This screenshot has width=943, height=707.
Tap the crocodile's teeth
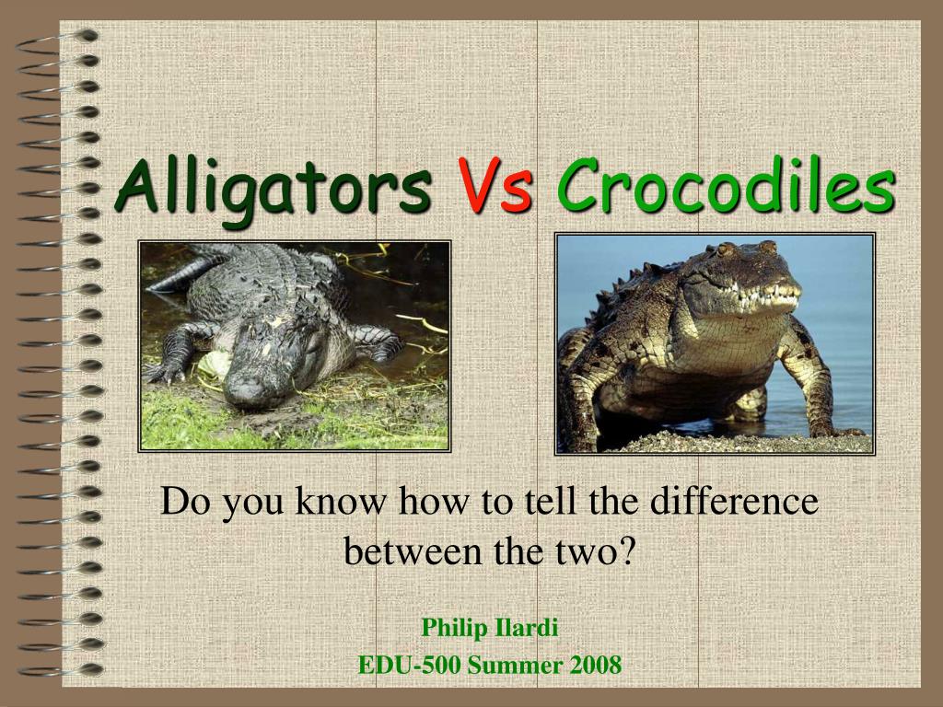(x=763, y=297)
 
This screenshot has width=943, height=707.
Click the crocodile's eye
(x=726, y=249)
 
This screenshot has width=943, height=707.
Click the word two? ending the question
(x=596, y=551)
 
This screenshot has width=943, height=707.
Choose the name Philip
(x=455, y=628)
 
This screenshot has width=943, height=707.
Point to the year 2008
(x=596, y=666)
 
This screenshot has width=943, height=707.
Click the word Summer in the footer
(x=516, y=666)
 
